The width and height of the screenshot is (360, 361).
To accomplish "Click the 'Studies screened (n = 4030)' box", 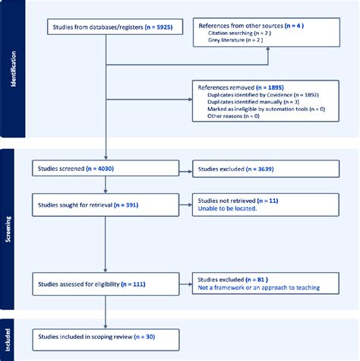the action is [103, 169].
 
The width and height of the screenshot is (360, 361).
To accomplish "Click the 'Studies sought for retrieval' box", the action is [103, 204].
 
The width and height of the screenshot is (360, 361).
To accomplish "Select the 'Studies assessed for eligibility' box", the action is [103, 284].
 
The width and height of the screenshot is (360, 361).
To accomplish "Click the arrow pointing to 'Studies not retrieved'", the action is [185, 204].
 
